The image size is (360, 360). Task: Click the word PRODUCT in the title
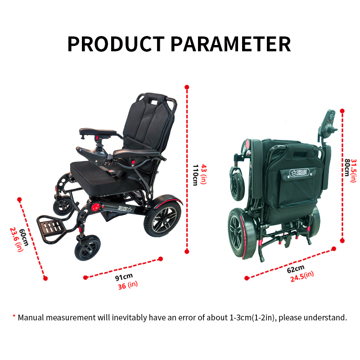[x=116, y=44]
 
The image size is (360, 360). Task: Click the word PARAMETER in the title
[x=231, y=44]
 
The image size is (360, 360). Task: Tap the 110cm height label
[x=195, y=175]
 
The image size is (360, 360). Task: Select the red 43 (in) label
[x=204, y=174]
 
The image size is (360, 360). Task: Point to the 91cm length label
[x=124, y=277]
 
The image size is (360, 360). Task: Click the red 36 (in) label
[x=128, y=285]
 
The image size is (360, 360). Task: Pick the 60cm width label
[x=24, y=238]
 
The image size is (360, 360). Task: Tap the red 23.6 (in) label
[x=17, y=239]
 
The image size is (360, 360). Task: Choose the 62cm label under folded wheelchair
[x=296, y=269]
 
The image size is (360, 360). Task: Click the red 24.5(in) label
[x=302, y=276]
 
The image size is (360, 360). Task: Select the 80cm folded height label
[x=346, y=167]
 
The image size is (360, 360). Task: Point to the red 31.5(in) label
[x=354, y=171]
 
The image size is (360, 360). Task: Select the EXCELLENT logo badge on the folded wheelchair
[x=299, y=172]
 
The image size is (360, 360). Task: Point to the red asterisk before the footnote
[x=14, y=316]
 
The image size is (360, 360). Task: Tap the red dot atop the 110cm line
[x=187, y=87]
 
